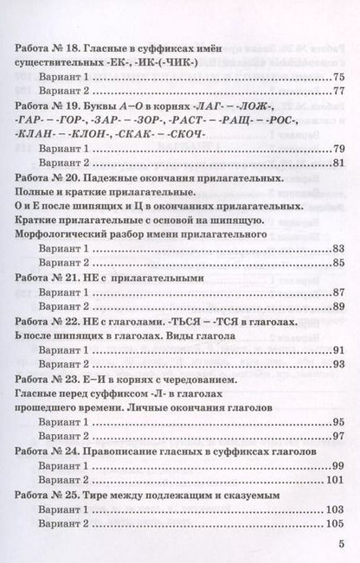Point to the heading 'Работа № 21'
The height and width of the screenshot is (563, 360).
pyautogui.click(x=52, y=278)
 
